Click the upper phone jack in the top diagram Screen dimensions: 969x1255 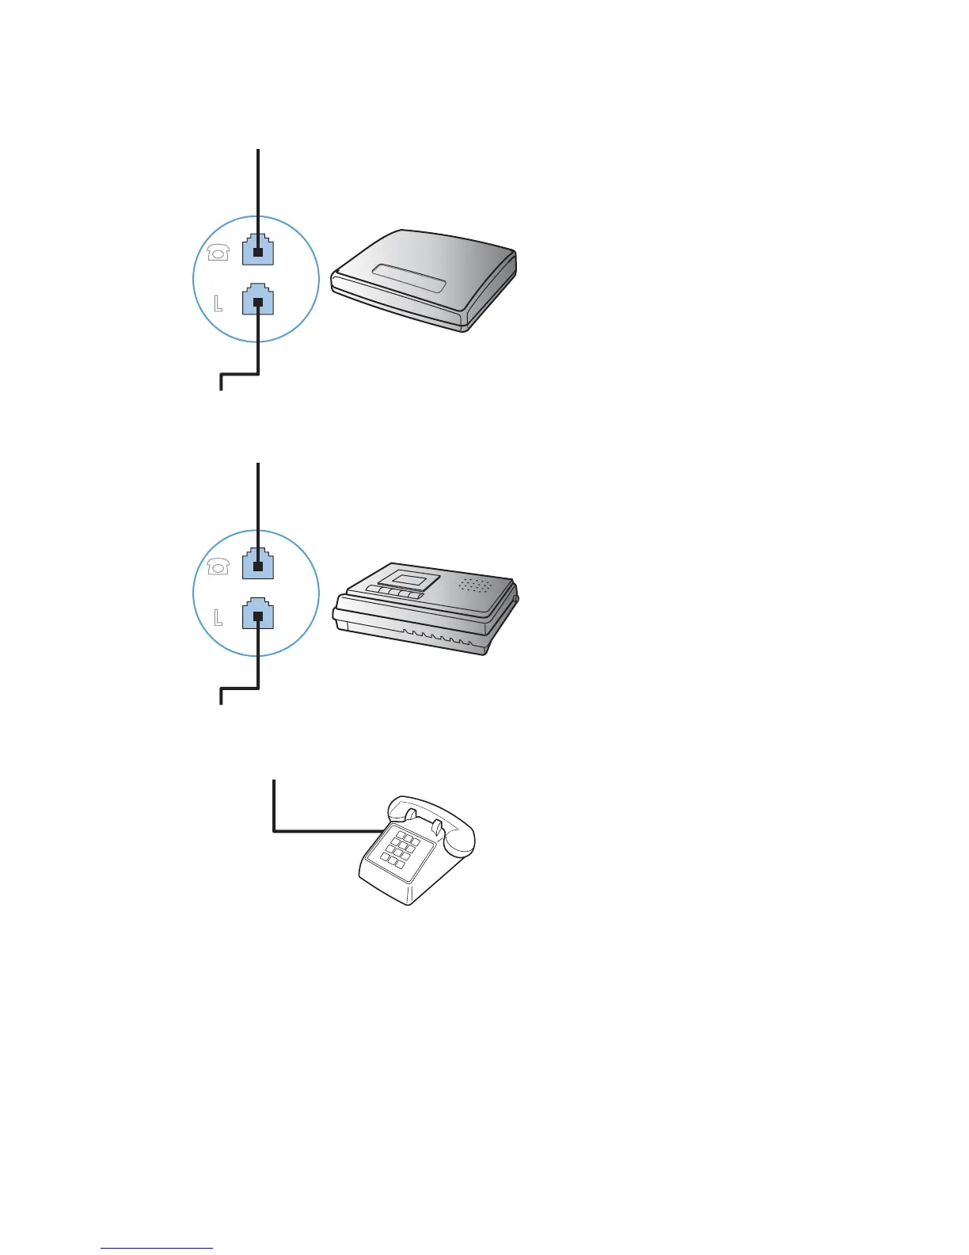pyautogui.click(x=258, y=250)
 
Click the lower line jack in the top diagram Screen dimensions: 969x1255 pyautogui.click(x=258, y=299)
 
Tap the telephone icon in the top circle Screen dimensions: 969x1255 pyautogui.click(x=218, y=252)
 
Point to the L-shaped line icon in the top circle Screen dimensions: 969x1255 pyautogui.click(x=218, y=302)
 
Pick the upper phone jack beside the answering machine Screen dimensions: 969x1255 pyautogui.click(x=258, y=563)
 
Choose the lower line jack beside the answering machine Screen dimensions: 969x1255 pyautogui.click(x=258, y=613)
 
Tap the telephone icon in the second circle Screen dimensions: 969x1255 pyautogui.click(x=218, y=566)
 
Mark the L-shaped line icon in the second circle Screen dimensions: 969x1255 pyautogui.click(x=218, y=616)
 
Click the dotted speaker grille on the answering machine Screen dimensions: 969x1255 pyautogui.click(x=476, y=585)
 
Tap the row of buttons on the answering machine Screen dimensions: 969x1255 pyautogui.click(x=394, y=593)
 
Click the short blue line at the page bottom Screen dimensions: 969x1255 pyautogui.click(x=157, y=1248)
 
